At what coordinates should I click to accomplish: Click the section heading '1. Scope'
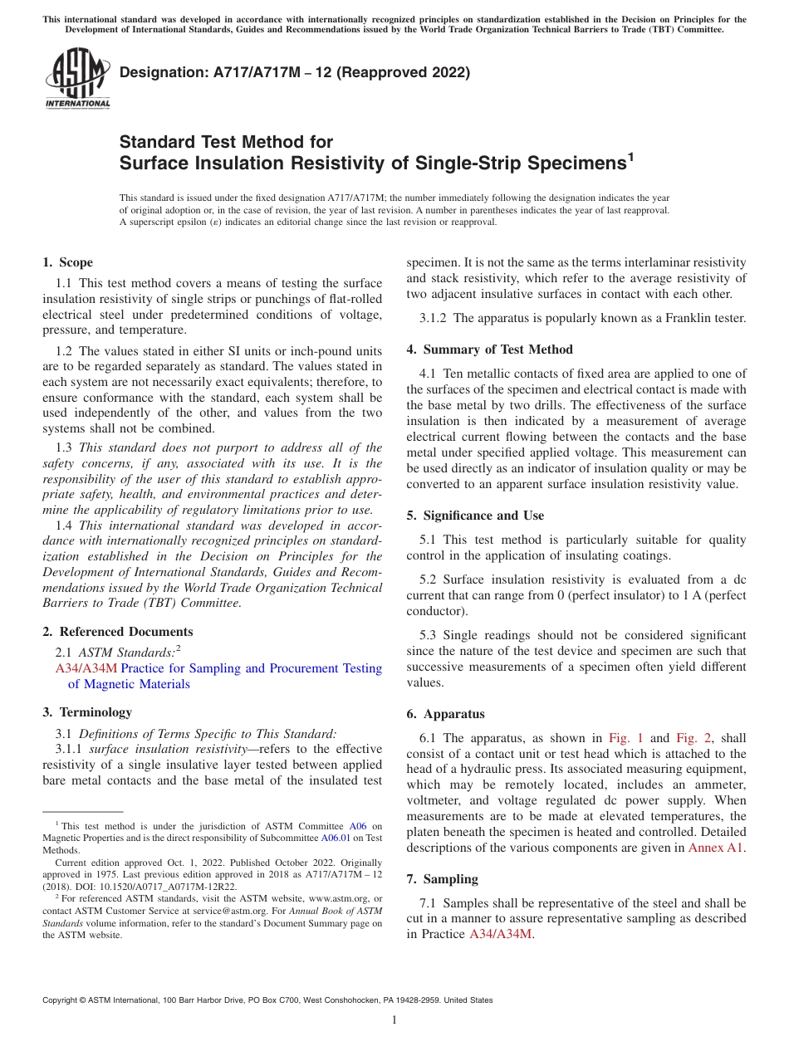67,262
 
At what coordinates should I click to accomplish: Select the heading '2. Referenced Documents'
117,632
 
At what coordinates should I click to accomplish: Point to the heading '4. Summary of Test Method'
489,350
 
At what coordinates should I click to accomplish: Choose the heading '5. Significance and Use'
475,516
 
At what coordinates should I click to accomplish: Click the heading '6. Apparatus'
445,714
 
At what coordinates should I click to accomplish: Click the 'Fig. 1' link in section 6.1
626,738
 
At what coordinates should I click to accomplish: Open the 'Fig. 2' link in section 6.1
691,738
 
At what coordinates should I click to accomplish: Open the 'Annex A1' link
716,848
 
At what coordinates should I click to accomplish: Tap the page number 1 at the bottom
394,1020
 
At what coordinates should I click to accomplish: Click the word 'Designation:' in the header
159,72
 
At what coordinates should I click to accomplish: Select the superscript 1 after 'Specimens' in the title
630,156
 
